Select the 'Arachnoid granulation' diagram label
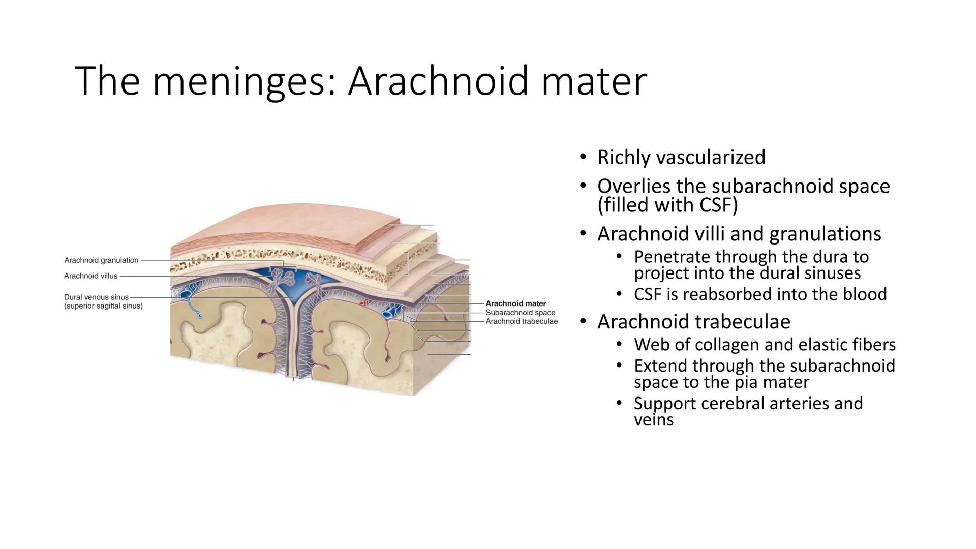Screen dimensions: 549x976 pos(101,260)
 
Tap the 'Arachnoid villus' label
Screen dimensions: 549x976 pos(90,276)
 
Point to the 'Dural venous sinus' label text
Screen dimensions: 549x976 pos(97,297)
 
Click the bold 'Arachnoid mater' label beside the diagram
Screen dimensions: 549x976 pos(515,303)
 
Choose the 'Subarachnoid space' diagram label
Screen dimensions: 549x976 pos(520,313)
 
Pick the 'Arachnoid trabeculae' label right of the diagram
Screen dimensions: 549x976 pos(522,321)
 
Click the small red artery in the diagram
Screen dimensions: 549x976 pos(363,303)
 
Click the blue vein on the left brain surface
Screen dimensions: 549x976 pos(186,294)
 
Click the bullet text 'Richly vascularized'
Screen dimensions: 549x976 pos(681,157)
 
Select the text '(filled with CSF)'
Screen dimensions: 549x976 pos(667,205)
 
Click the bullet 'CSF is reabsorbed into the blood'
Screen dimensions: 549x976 pos(760,294)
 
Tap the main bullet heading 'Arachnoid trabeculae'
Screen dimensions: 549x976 pos(693,322)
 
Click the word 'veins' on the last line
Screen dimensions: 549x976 pos(653,420)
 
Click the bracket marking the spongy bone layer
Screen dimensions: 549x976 pos(407,263)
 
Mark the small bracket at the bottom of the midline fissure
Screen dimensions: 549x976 pos(293,377)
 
